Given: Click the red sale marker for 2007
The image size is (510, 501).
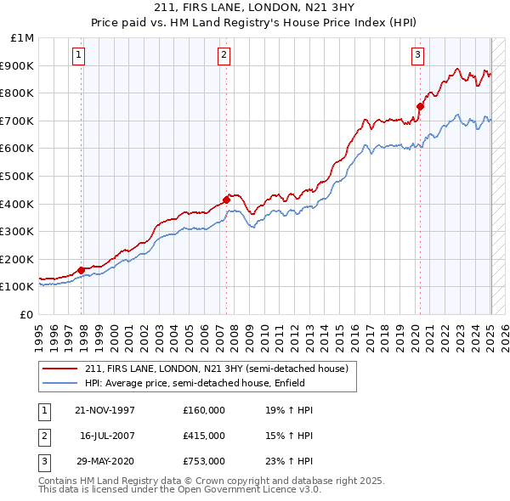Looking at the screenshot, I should (x=226, y=200).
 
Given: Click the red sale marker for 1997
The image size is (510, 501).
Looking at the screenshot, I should (x=82, y=270).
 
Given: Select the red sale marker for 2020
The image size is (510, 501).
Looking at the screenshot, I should (x=420, y=106).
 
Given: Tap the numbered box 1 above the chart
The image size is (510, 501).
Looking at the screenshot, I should (x=77, y=56).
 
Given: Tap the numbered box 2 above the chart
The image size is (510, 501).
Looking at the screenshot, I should (x=223, y=56).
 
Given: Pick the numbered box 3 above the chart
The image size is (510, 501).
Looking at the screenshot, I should (x=418, y=56).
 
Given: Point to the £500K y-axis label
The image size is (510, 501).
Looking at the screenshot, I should (x=17, y=176).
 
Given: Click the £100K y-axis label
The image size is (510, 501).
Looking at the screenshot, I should (x=17, y=287).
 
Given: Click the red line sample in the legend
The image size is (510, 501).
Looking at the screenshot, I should (x=60, y=369).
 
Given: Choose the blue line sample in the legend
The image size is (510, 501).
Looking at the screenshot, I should (x=60, y=384).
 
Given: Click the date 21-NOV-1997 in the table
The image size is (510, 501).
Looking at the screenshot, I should (x=105, y=410).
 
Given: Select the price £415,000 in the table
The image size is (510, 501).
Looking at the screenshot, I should (x=204, y=436).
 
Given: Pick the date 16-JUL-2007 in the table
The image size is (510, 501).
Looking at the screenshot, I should (x=106, y=436).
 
